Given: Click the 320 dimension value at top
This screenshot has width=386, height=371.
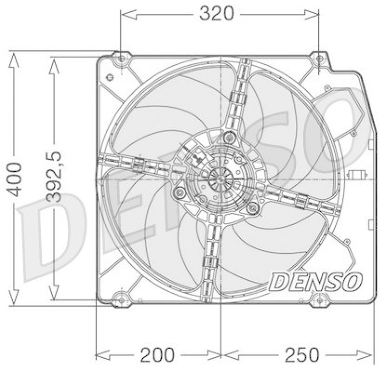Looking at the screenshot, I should coord(216,14).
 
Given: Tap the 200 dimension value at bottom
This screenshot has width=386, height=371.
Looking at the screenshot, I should coord(157,355).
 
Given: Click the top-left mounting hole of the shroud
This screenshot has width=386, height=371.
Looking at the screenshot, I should coord(122,59).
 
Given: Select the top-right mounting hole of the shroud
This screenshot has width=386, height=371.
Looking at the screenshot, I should coord(319,59).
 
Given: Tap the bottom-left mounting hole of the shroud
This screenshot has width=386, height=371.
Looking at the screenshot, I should coord(122,300).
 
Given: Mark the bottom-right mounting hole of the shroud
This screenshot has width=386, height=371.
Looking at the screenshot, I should coord(319,300).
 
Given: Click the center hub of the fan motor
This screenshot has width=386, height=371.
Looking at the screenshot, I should coord(221,179).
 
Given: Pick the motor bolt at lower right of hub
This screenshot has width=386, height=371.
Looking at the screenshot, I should coord(251,208).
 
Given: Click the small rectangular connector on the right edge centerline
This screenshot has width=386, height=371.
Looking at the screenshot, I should coord(358,175).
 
